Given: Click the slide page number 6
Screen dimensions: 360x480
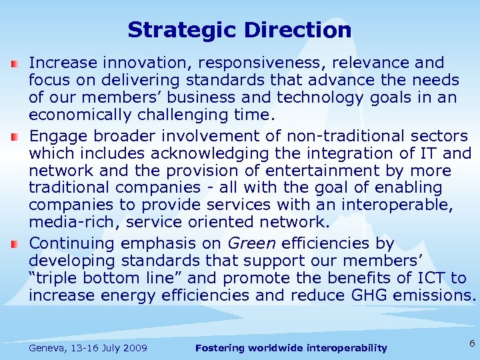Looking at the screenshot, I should (471, 343).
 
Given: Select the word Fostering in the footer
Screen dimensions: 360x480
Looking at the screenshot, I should (219, 348).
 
